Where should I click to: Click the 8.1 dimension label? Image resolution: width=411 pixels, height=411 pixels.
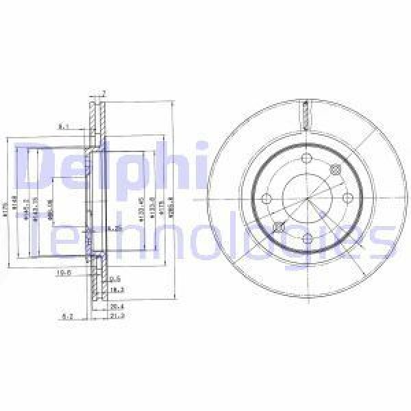(62, 126)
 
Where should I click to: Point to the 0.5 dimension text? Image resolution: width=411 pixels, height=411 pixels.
(116, 279)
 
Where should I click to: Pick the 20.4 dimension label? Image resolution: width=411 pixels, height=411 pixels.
(117, 306)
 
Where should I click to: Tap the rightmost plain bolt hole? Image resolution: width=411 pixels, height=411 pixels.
(347, 199)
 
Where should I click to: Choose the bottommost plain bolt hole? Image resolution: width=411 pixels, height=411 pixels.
(308, 238)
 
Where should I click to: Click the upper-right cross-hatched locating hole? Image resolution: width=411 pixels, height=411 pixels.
(336, 170)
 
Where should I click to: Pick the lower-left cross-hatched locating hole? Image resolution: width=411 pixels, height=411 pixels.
(278, 227)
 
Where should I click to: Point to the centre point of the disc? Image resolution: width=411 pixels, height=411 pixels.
(308, 199)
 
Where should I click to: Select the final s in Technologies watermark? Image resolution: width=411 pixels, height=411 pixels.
(382, 241)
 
